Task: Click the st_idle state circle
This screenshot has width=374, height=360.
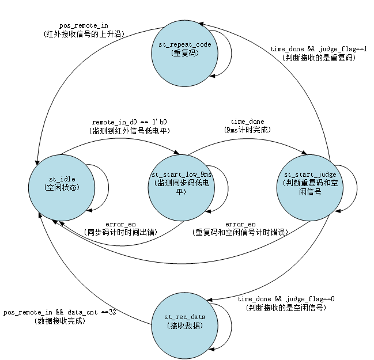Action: click(x=62, y=184)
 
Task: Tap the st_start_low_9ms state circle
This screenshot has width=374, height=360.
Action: click(x=182, y=184)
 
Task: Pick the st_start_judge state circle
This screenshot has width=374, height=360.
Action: click(x=310, y=184)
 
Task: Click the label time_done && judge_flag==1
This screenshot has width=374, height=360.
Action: click(x=319, y=50)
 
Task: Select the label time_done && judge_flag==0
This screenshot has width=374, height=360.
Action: click(x=286, y=300)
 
